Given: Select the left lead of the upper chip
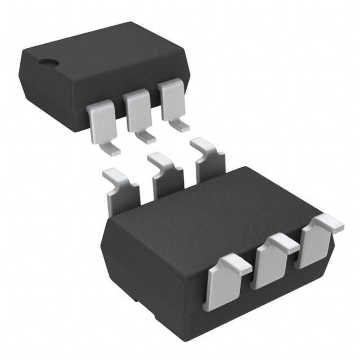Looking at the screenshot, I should [x=101, y=121].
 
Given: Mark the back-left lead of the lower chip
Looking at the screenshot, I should [x=120, y=194].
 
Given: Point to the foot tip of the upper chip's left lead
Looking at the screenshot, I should [x=113, y=150].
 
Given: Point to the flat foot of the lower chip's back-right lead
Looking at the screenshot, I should [x=202, y=145].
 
